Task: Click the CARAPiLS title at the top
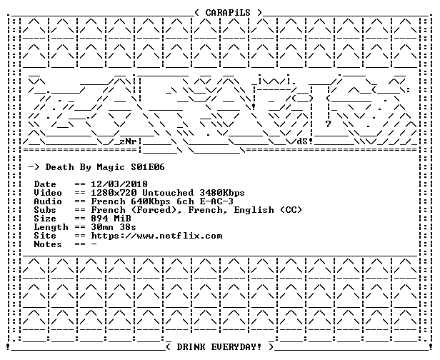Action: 228,13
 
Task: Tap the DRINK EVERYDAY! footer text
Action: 219,347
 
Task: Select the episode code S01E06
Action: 148,167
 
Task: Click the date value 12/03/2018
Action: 119,184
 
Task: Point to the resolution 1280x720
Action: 114,193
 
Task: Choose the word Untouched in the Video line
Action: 168,193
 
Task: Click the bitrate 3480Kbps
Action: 222,193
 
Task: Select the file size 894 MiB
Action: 111,219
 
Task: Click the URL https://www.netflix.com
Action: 156,236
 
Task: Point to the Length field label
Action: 51,227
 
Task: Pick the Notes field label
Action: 48,244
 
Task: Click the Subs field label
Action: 45,210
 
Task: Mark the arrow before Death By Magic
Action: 34,167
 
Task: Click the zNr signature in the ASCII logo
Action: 128,141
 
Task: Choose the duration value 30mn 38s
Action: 114,227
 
